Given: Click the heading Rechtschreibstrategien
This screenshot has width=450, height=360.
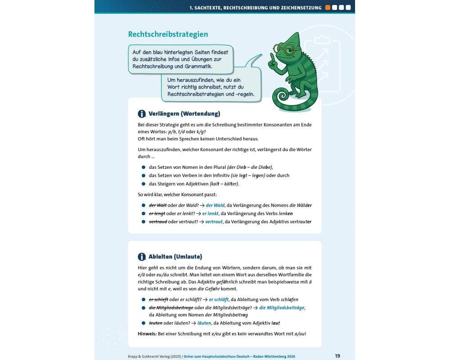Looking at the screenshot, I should pos(168,34).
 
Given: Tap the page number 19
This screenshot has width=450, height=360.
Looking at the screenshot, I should pos(337,355).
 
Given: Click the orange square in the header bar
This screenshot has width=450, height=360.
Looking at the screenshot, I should pos(328,7).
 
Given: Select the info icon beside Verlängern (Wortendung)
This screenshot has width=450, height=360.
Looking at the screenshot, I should pos(142,114).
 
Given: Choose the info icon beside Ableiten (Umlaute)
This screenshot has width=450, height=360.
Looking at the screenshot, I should pos(142,257).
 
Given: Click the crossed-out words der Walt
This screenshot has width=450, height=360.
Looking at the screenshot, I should pos(158,205).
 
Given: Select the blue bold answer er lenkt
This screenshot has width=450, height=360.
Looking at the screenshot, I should pos(211,213).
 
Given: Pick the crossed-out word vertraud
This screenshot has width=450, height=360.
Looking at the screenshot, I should pos(158,221).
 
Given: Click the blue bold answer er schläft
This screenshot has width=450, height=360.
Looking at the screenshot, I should pos(221,299).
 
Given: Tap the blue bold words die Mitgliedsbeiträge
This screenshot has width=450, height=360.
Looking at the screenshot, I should pos(282,307).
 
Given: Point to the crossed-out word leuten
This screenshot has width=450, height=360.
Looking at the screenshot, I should pos(156,323).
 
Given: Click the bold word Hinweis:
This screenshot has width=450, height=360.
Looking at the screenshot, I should pos(147,333).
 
